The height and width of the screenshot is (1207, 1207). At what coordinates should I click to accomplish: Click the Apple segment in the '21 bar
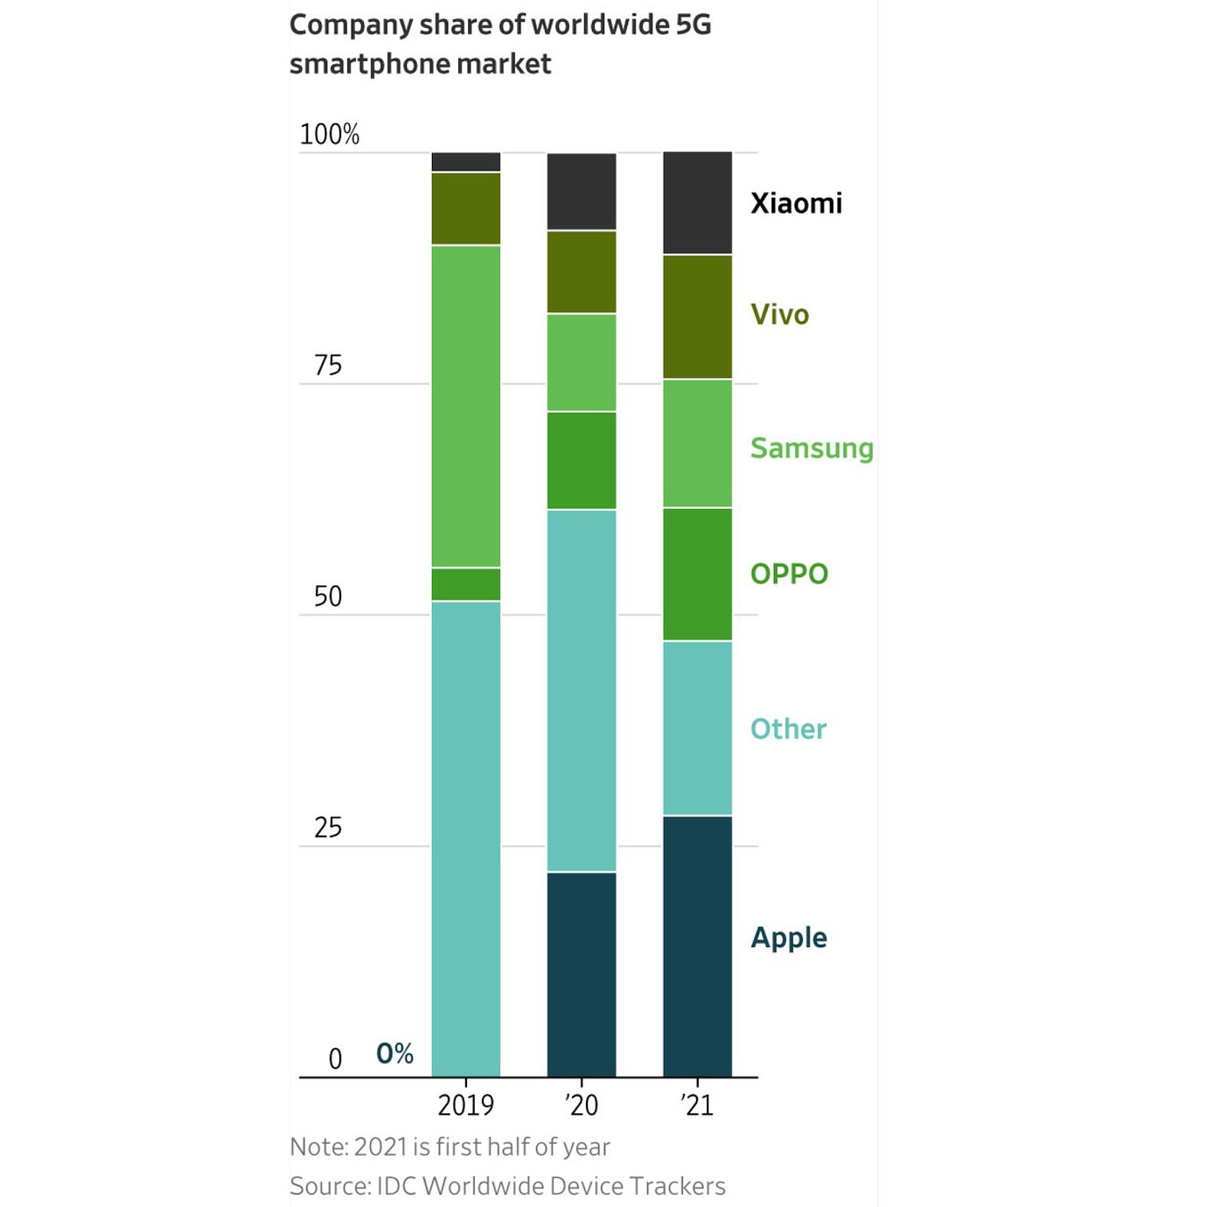coord(697,945)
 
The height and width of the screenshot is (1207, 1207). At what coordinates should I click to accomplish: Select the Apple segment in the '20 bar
coord(582,973)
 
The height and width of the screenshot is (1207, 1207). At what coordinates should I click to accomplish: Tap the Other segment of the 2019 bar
coord(466,838)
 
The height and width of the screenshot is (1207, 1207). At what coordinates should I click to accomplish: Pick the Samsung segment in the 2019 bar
coord(466,406)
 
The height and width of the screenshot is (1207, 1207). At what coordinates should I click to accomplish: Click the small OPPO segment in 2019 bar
coord(466,584)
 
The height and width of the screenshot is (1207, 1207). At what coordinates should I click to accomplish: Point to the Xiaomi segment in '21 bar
coord(697,203)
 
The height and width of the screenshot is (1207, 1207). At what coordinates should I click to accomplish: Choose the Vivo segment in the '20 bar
coord(582,272)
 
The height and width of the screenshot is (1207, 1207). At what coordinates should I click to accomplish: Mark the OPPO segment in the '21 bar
coord(697,574)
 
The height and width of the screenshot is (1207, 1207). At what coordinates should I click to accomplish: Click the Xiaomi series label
coord(796,203)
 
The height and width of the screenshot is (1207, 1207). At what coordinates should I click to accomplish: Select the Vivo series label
coord(779,314)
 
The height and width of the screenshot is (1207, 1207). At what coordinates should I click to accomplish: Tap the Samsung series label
coord(812,448)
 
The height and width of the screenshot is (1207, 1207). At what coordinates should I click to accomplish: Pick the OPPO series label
coord(789,574)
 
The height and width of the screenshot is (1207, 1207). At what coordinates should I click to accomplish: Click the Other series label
coord(788,729)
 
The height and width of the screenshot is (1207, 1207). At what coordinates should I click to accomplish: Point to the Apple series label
coord(789,938)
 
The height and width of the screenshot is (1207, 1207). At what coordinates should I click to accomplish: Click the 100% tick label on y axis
coord(330,134)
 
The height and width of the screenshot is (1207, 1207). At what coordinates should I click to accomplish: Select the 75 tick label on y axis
coord(328,365)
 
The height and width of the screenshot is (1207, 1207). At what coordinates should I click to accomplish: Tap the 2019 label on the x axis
coord(465,1105)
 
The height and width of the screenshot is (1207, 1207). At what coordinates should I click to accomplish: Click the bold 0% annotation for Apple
coord(394,1053)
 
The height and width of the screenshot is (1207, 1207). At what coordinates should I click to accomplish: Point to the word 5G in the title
coord(694,24)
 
